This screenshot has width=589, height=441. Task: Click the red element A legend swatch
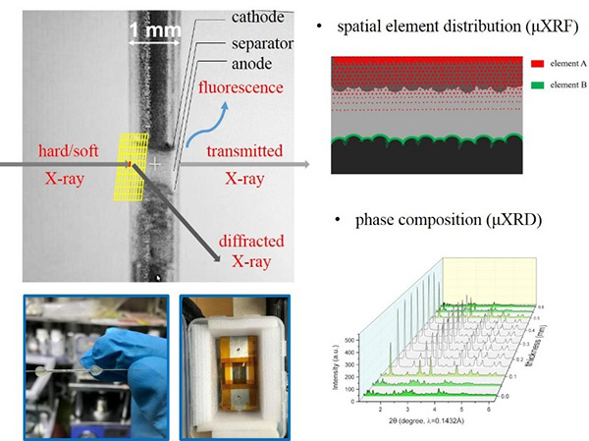click(538, 63)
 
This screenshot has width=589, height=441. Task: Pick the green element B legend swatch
click(538, 85)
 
